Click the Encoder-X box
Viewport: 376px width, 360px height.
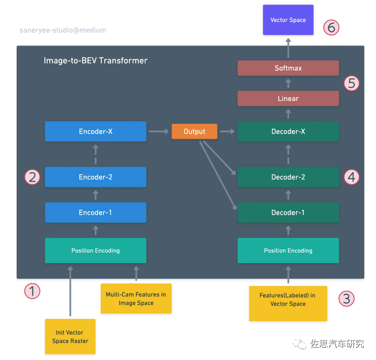(95, 131)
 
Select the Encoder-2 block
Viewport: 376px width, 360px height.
(95, 177)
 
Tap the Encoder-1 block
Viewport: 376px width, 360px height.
(95, 212)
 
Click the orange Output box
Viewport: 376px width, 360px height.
(194, 131)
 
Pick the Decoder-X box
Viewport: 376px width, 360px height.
(288, 131)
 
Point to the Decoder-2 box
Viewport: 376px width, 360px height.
(288, 177)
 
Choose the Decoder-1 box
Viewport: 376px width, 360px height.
(288, 212)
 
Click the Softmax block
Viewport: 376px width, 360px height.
(288, 68)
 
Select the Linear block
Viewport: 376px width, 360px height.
(288, 98)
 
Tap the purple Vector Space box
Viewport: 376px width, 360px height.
(288, 20)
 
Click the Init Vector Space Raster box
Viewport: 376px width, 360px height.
(70, 337)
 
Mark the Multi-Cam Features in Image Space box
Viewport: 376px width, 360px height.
(136, 299)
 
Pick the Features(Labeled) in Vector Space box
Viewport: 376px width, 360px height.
(288, 300)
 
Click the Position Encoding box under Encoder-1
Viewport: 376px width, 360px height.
(95, 250)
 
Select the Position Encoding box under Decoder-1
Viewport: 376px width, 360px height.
(288, 250)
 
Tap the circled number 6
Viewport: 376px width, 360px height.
(331, 28)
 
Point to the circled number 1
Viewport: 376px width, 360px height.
(32, 291)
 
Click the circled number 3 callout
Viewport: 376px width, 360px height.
(347, 298)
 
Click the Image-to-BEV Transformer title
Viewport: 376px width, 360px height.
(95, 61)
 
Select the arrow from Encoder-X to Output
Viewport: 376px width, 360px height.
(159, 131)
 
